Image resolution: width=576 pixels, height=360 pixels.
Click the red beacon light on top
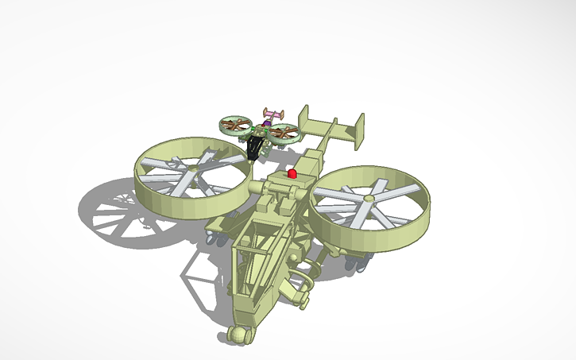coord(292,172)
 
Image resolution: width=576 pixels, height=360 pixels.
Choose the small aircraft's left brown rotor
coord(235,125)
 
